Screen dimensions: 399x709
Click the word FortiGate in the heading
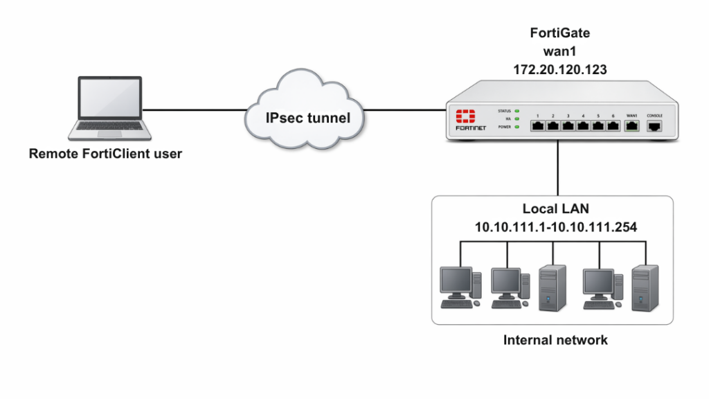tap(559, 33)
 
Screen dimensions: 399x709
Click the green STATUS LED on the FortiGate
tap(517, 111)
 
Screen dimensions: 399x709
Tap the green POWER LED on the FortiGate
tap(517, 127)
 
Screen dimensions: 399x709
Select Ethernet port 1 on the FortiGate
tap(538, 126)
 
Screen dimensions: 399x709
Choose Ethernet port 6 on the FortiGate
tap(613, 126)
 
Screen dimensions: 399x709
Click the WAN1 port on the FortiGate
tap(631, 126)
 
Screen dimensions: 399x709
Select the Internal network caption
tap(555, 340)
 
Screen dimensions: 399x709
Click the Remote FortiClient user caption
tap(105, 154)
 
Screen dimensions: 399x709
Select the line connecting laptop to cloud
tap(194, 109)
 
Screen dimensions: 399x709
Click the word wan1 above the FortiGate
tap(559, 51)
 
